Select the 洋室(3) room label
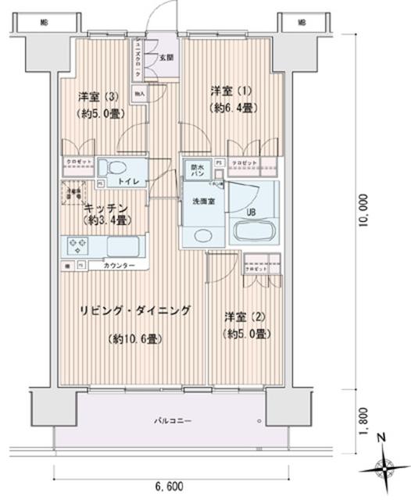[97, 98]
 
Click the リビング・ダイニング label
[134, 311]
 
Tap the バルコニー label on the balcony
[173, 422]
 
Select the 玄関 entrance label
[166, 57]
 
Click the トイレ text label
[129, 182]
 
